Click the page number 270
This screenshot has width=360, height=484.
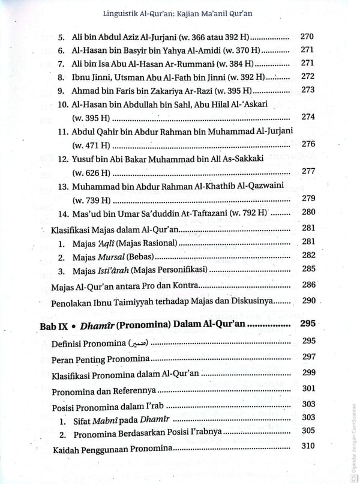click(307, 35)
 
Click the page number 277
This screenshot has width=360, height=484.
click(308, 171)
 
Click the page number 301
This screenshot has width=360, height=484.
click(308, 389)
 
